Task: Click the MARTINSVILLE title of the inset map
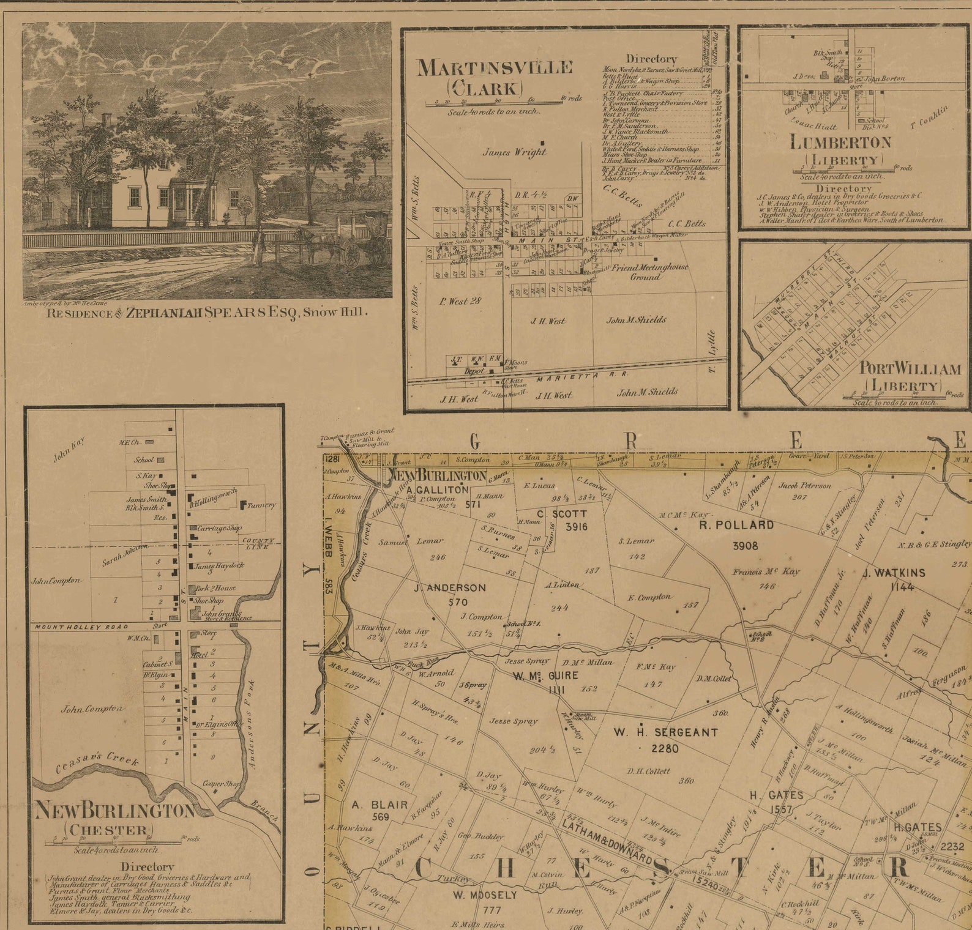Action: coord(495,68)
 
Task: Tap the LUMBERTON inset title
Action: coord(840,143)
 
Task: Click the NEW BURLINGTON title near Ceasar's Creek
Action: coord(115,811)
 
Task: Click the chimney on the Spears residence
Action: coord(107,117)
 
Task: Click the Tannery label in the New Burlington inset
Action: coord(261,505)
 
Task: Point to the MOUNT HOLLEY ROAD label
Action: coord(81,627)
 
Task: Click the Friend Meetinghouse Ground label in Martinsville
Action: coord(649,272)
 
